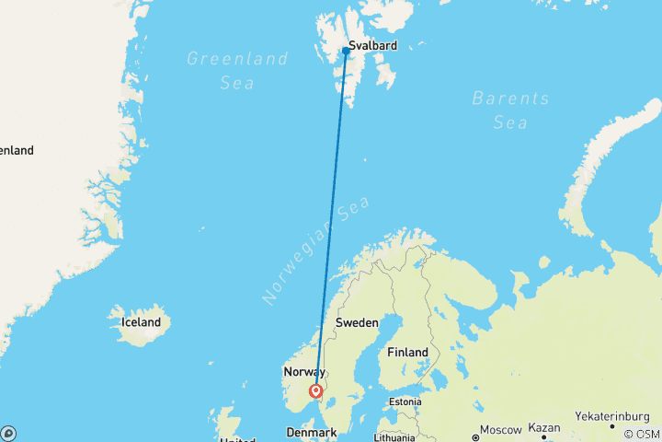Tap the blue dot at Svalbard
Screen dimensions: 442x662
[x=346, y=51]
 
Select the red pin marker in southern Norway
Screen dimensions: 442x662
[x=317, y=391]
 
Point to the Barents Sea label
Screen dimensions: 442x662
[x=510, y=110]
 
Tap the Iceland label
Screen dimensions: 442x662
[x=141, y=322]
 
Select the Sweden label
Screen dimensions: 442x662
[x=356, y=322]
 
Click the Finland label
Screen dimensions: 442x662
[x=407, y=353]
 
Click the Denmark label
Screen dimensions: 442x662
[x=311, y=431]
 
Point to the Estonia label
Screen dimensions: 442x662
[x=405, y=401]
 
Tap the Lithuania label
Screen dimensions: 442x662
[x=395, y=437]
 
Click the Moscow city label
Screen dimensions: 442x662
[x=502, y=431]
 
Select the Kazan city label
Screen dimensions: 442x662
[x=544, y=428]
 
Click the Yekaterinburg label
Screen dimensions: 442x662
[x=613, y=416]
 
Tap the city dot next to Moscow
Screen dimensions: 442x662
[x=476, y=432]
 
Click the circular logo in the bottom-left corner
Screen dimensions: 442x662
[x=8, y=433]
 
